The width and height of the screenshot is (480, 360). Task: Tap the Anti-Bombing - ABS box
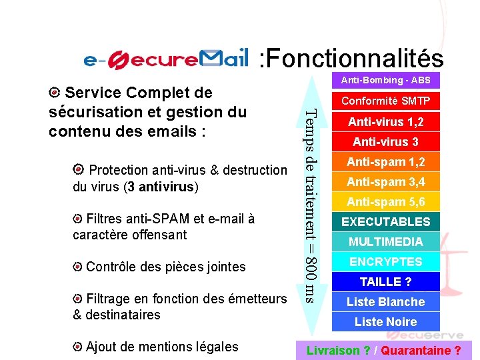[385, 81]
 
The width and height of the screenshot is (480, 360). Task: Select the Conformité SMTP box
[385, 101]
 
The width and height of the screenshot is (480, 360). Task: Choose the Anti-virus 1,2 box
[385, 122]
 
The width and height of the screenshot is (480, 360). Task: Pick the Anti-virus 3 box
[385, 142]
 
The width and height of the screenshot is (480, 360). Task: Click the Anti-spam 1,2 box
[385, 162]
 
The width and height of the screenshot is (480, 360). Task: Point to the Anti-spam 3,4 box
[385, 182]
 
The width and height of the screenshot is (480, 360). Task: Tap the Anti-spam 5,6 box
[385, 202]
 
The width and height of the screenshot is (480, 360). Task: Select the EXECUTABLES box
[385, 222]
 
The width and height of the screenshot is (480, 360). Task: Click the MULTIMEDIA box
[385, 241]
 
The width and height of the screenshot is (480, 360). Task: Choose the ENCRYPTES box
[385, 261]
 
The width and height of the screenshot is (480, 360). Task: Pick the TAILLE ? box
[385, 281]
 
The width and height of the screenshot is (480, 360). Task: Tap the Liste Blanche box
[385, 301]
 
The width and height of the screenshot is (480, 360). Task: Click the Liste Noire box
[385, 321]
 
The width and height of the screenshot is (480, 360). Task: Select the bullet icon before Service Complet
[55, 92]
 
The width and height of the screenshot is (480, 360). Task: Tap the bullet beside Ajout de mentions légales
[78, 347]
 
